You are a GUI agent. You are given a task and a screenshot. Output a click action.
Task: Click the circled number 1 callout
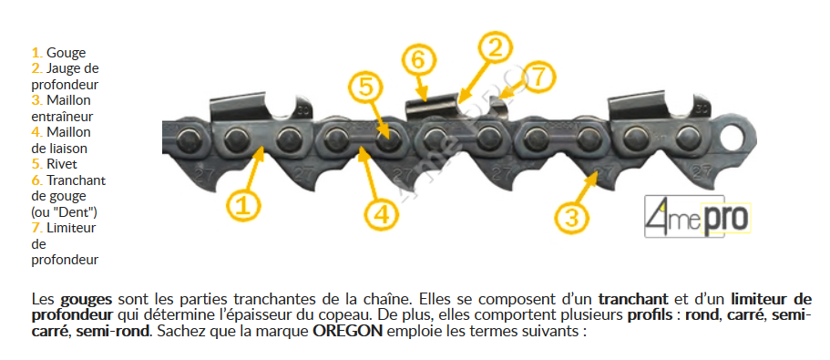pos(243,206)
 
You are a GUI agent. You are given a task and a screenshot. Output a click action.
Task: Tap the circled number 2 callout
pos(495,47)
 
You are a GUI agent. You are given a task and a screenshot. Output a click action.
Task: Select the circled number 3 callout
pos(572,217)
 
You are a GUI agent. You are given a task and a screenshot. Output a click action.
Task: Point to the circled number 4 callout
pos(382,214)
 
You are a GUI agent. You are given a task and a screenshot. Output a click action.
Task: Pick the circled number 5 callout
pos(365,87)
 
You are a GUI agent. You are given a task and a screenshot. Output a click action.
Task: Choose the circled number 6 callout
pos(417,60)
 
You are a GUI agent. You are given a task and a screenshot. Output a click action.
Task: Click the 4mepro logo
pos(698,216)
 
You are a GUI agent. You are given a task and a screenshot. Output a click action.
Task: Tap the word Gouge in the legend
pos(67,53)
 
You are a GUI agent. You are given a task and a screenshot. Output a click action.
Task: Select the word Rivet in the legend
pos(61,164)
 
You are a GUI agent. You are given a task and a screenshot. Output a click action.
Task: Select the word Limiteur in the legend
pos(71,228)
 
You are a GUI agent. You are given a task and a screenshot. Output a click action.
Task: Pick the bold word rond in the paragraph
pos(698,315)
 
